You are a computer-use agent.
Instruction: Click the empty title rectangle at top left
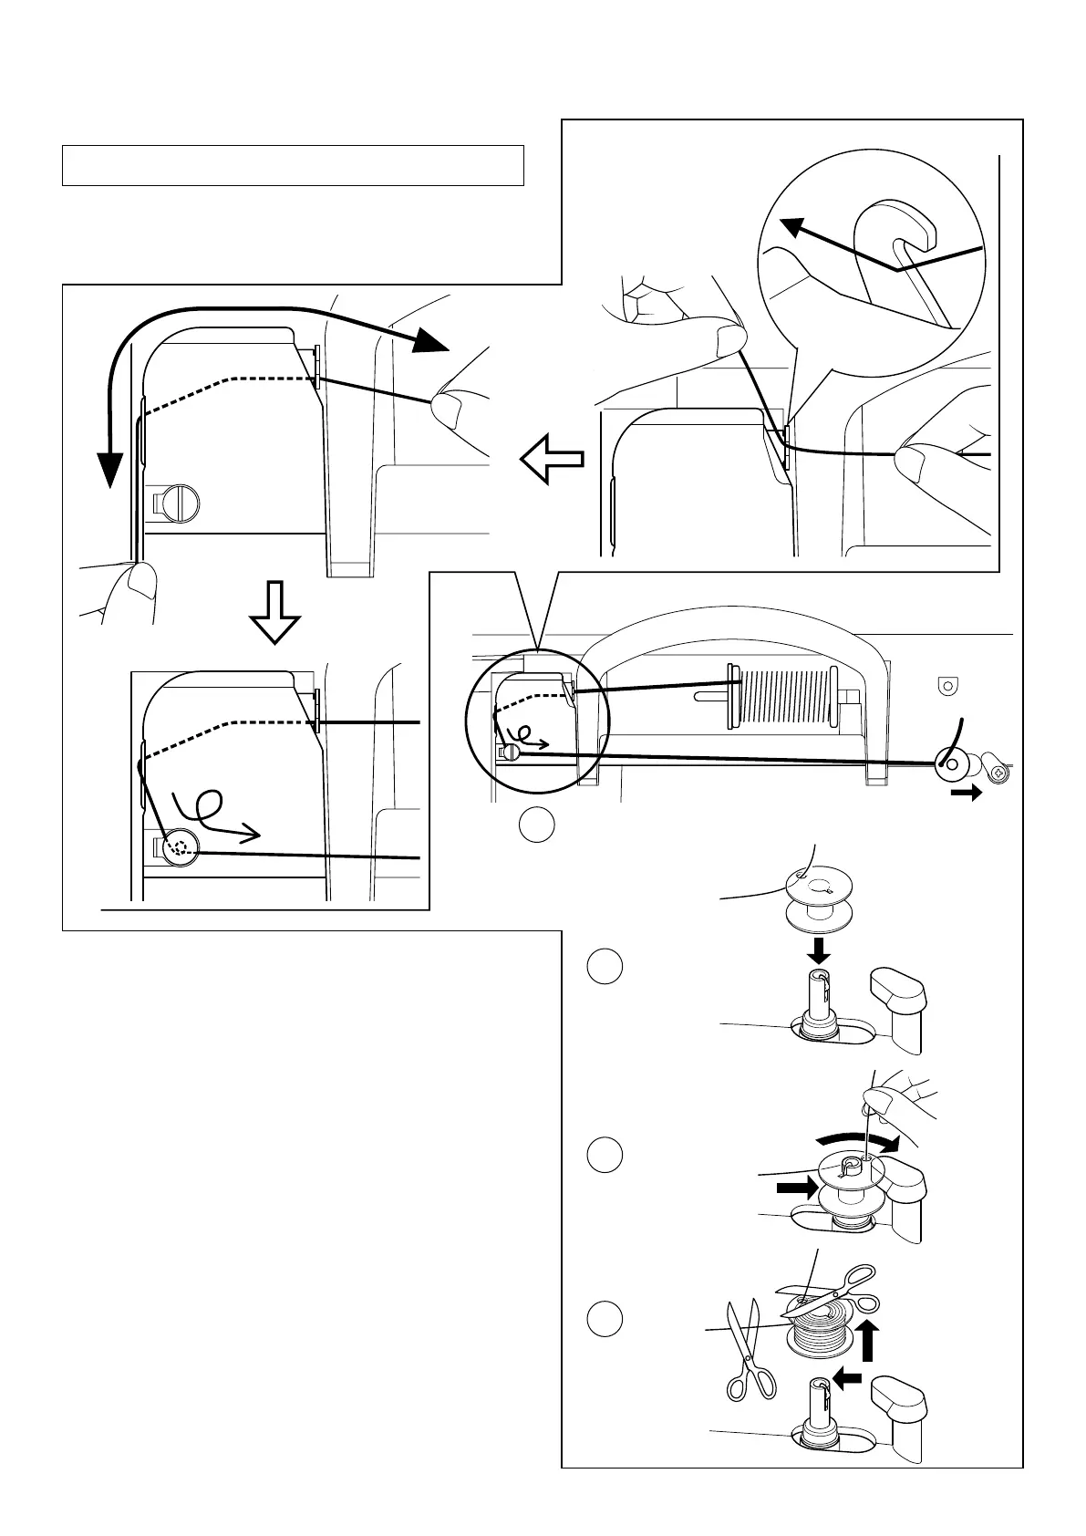293,165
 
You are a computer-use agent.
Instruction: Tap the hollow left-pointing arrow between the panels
553,458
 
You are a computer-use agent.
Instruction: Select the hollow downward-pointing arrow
274,612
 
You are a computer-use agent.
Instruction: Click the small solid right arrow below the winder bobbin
966,793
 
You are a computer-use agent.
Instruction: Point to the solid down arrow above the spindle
820,950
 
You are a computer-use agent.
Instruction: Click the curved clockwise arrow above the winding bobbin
858,1140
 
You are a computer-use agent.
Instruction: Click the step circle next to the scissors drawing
605,1319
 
